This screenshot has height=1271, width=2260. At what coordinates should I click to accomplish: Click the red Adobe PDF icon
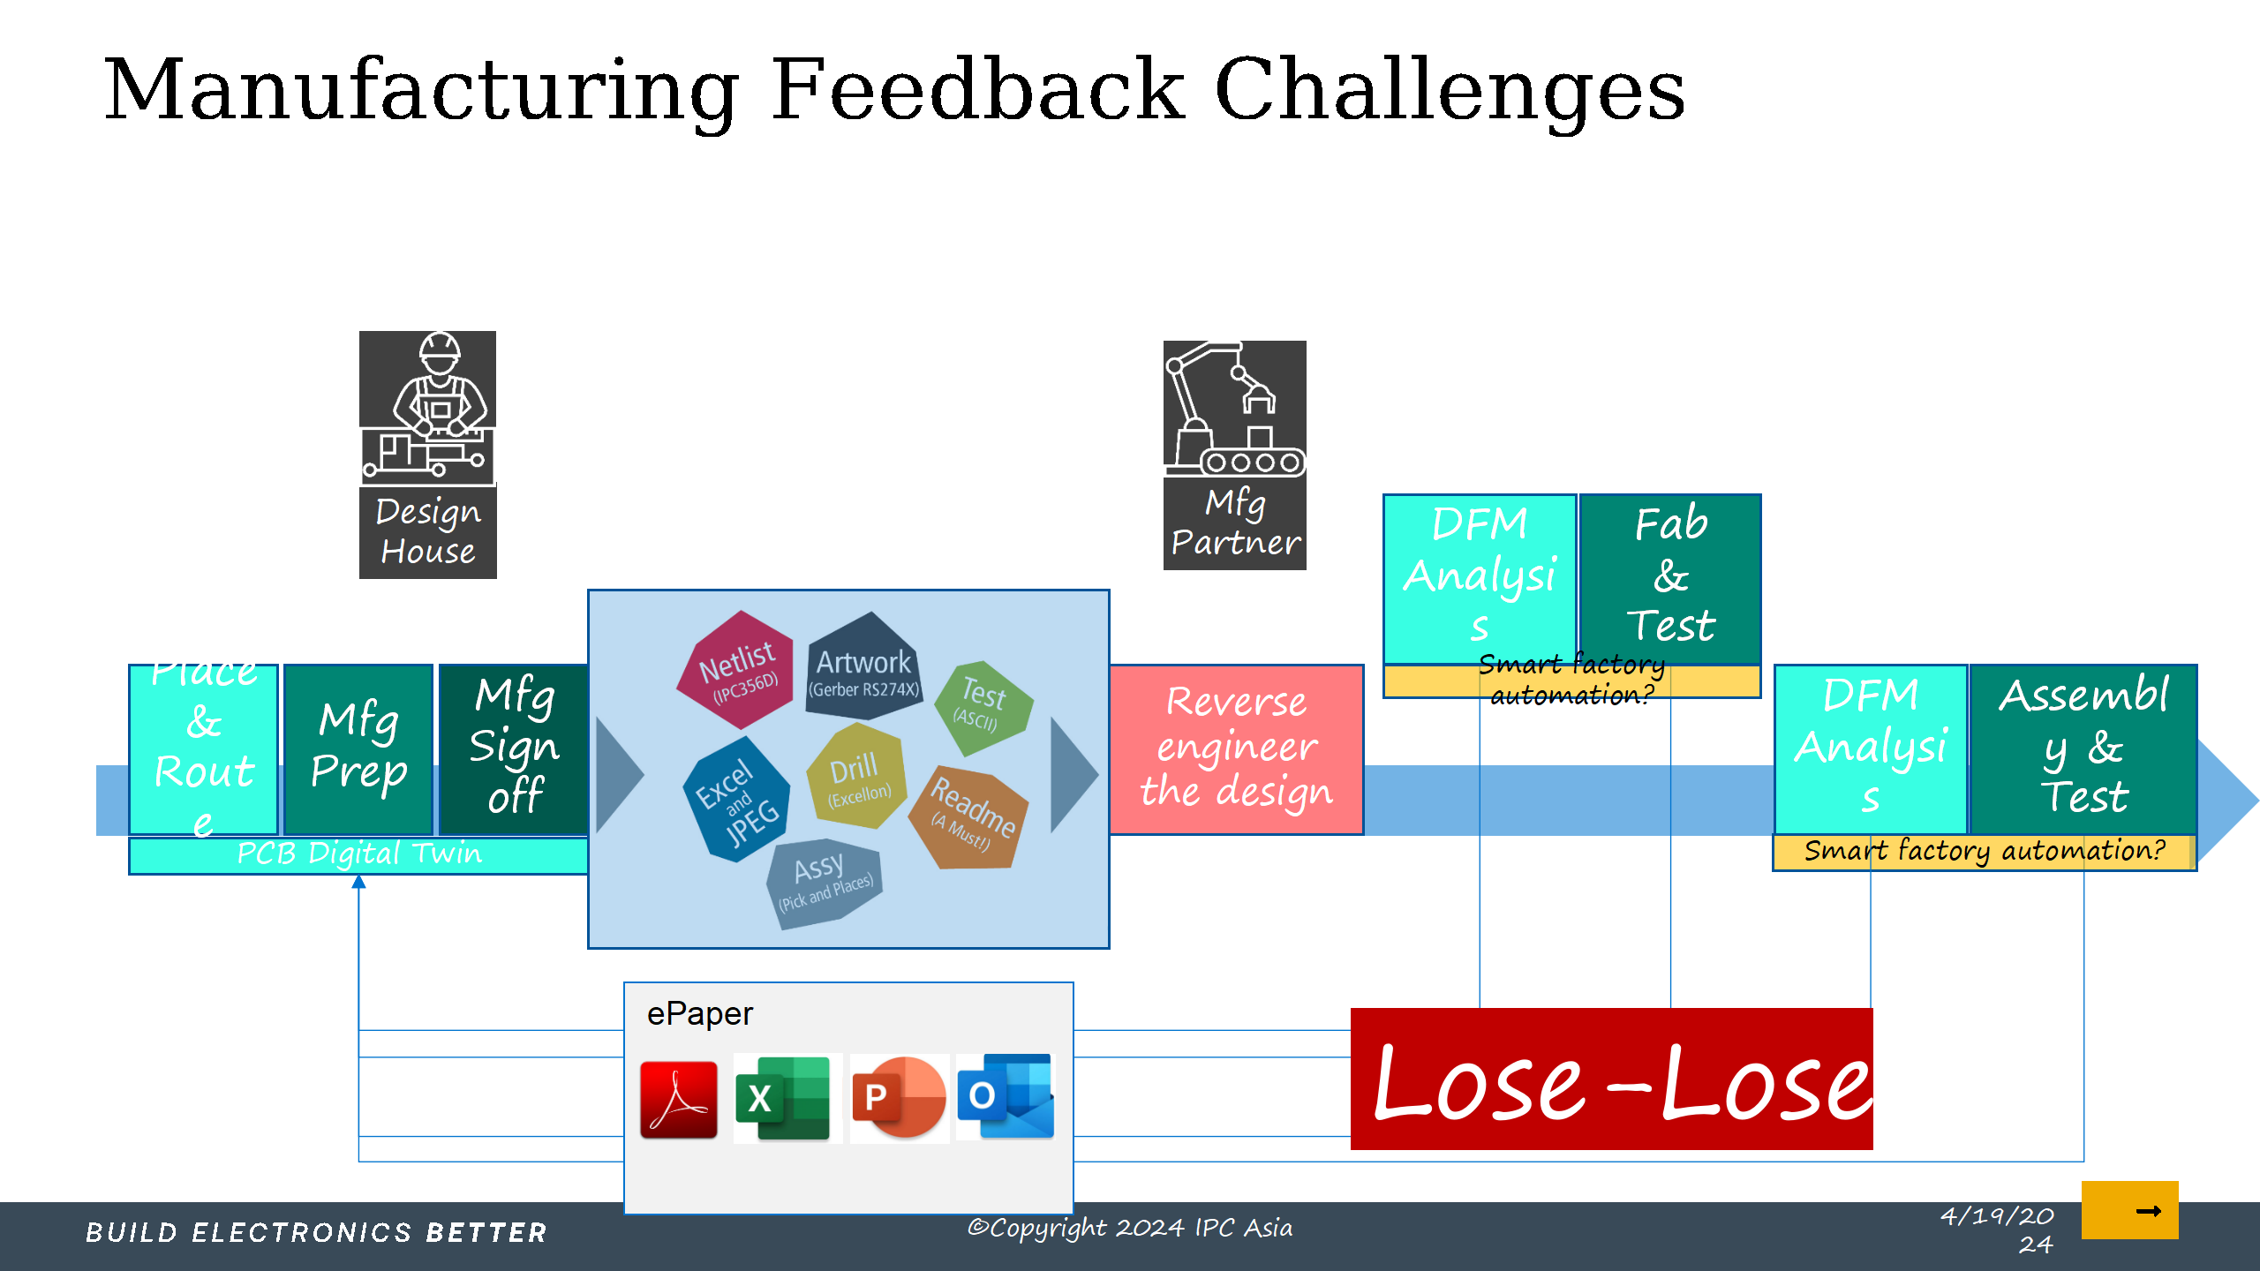click(x=678, y=1100)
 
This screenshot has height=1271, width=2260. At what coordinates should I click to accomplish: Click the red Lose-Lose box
click(x=1611, y=1079)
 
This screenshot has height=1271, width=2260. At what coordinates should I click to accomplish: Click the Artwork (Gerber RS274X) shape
click(x=863, y=668)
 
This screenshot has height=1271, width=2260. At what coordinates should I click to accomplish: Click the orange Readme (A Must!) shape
click(x=970, y=816)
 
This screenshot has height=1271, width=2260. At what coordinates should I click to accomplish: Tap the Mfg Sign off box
click(x=514, y=748)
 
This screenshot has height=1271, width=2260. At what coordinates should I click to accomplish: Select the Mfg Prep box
click(x=358, y=748)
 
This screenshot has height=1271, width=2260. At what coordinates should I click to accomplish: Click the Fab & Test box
click(x=1670, y=575)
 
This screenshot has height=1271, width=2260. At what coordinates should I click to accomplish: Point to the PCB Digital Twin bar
click(x=358, y=854)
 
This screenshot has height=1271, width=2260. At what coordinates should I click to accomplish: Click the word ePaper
click(x=699, y=1014)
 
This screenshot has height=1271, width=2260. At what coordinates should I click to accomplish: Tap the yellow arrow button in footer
click(x=2129, y=1210)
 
